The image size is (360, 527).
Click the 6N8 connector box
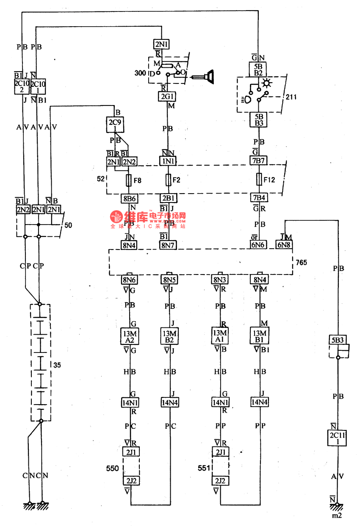click(284, 245)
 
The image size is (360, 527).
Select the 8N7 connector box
click(168, 245)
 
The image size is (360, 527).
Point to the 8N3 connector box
click(220, 280)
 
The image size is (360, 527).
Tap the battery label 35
click(57, 364)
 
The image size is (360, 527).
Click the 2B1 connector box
click(168, 198)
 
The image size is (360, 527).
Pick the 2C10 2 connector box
click(21, 86)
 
